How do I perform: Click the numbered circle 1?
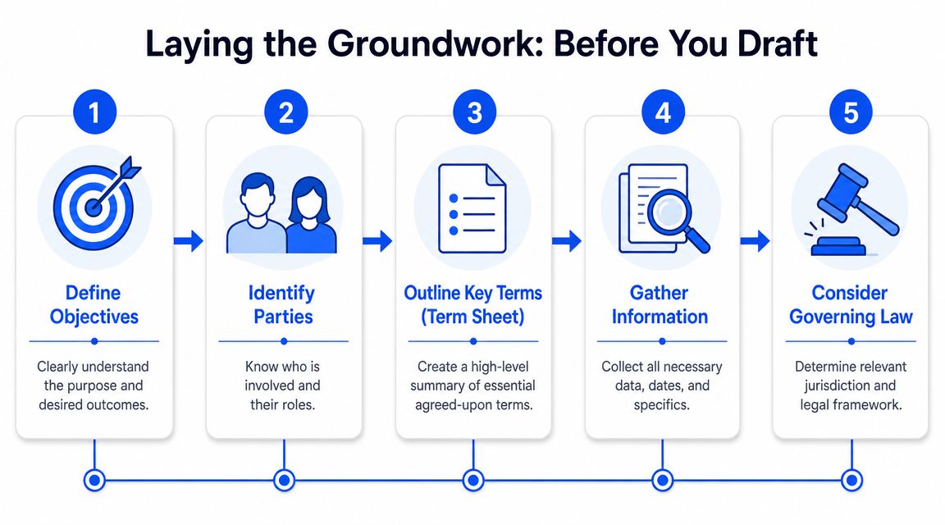tap(94, 112)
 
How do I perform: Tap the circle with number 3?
tap(474, 112)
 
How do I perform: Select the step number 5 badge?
tap(851, 112)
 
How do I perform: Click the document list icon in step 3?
tap(472, 208)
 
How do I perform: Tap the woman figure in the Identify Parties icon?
tap(310, 215)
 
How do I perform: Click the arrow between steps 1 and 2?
tap(189, 241)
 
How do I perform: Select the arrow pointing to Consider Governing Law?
tap(756, 241)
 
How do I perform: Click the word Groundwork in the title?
tap(431, 44)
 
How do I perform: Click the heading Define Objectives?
tap(94, 305)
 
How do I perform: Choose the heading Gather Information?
tap(660, 305)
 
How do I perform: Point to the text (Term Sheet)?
tap(472, 317)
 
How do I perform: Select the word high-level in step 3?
tap(500, 367)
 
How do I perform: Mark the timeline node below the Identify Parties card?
tap(284, 481)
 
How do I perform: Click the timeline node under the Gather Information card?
tap(662, 481)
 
